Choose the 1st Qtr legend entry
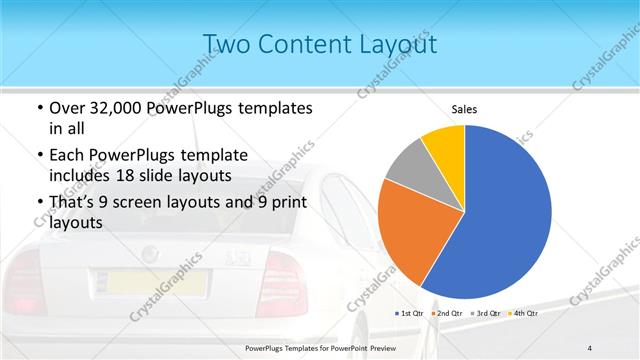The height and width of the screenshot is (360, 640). [412, 313]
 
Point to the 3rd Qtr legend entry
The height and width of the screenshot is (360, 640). [488, 313]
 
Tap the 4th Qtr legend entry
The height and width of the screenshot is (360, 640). [524, 313]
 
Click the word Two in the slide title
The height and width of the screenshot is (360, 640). [231, 44]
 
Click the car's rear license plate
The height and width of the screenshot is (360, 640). [154, 281]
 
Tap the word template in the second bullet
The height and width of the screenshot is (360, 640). [250, 155]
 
